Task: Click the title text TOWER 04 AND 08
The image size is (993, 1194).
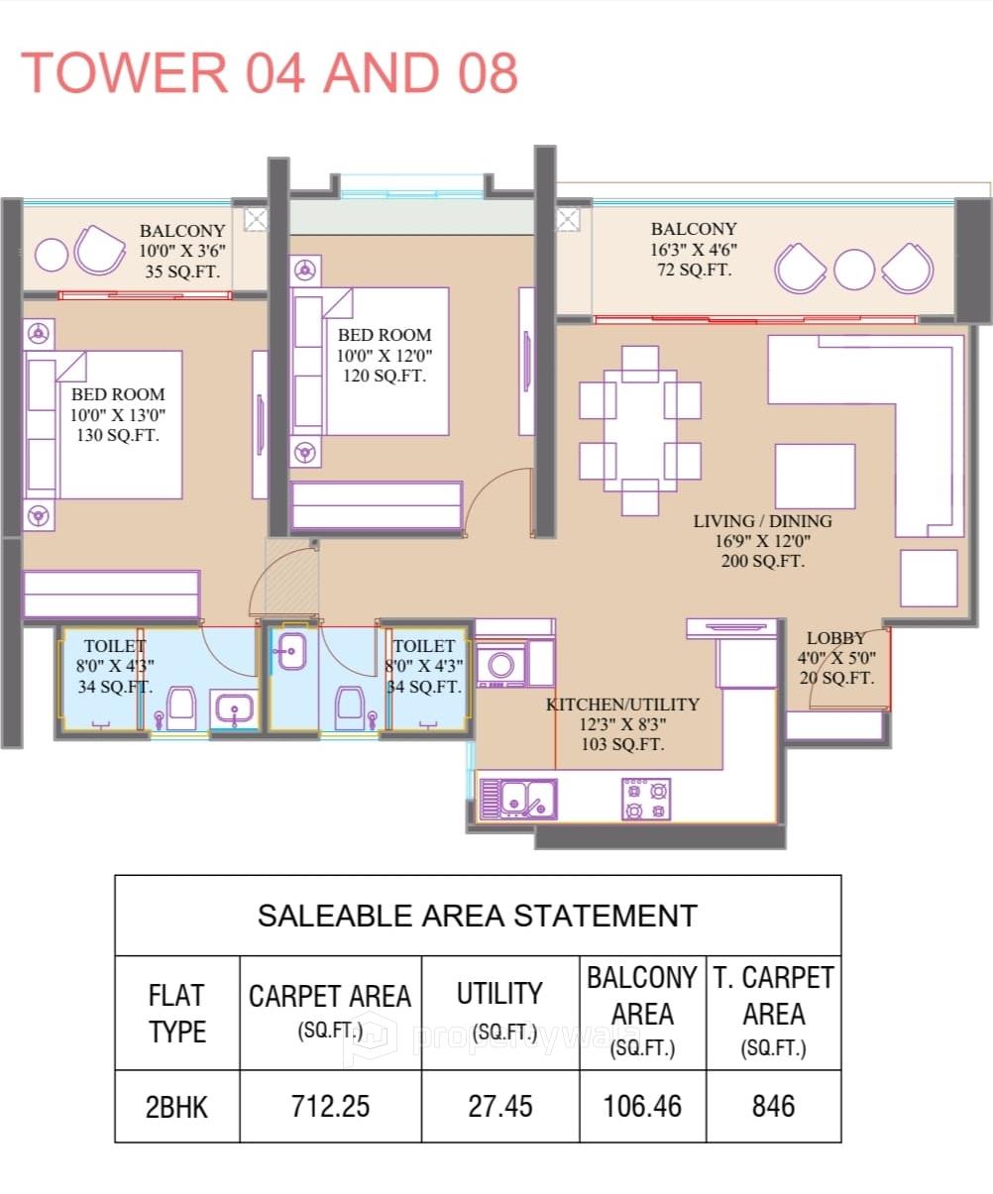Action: [270, 72]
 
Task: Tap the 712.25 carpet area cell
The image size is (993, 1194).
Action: [330, 1106]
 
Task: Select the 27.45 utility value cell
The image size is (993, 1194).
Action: [500, 1106]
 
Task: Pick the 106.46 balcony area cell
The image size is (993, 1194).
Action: [642, 1106]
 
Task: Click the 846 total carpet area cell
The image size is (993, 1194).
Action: [773, 1106]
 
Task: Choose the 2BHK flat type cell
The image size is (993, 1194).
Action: [177, 1106]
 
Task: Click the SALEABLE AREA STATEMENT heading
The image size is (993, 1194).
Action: [477, 915]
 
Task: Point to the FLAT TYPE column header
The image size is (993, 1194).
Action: [177, 1013]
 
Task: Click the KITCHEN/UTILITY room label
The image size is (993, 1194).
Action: [622, 705]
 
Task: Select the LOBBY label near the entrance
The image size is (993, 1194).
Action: [835, 638]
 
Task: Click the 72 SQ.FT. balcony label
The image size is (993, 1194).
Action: [694, 270]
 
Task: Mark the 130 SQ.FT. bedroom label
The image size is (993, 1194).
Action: [117, 436]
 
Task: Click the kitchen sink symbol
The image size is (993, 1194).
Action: [518, 799]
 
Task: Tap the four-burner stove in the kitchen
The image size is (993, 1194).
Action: [645, 799]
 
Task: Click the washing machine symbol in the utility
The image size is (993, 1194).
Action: [501, 665]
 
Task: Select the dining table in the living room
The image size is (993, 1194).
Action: [640, 429]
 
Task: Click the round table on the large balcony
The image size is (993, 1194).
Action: [853, 269]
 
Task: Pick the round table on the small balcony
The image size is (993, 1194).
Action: [52, 255]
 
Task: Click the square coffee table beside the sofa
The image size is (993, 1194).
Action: [815, 476]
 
